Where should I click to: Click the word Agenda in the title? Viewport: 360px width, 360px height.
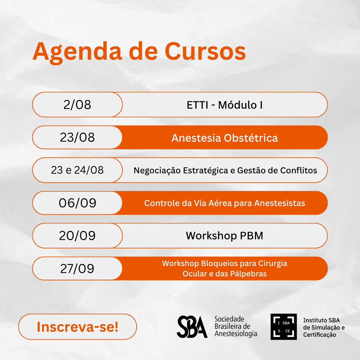(77, 52)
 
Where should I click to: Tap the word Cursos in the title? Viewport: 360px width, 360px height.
(205, 51)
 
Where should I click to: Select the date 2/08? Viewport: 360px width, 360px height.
(77, 105)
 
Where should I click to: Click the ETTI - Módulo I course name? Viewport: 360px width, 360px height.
(225, 105)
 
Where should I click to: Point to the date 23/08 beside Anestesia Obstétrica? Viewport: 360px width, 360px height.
(77, 137)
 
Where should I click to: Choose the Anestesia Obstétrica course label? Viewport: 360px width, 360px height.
(225, 138)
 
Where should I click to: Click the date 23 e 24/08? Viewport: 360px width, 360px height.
(77, 170)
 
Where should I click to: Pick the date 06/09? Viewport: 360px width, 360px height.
(77, 203)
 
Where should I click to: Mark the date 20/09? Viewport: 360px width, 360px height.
(77, 236)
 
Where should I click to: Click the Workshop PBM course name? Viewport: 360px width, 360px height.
(225, 236)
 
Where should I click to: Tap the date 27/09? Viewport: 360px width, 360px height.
(77, 268)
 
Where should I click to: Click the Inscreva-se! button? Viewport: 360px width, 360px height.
(78, 327)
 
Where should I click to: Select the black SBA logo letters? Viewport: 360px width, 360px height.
(192, 327)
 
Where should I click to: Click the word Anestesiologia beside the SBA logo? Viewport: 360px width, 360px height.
(236, 334)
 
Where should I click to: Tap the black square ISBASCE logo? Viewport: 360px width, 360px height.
(284, 327)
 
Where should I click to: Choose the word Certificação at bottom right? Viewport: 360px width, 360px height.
(320, 335)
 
